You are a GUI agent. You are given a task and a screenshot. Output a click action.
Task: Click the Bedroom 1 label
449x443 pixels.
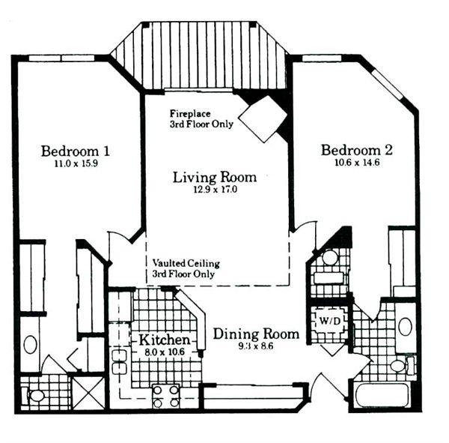coord(76,151)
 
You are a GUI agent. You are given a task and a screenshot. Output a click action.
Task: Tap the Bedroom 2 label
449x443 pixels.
coord(356,150)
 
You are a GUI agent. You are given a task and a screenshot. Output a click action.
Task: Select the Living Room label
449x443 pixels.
coord(215,177)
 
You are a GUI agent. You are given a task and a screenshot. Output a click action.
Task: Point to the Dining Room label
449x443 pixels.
coord(256,334)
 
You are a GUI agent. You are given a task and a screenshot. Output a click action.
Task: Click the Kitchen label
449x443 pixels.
coord(165,340)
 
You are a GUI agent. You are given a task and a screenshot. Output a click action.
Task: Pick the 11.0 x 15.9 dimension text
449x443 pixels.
coord(76,163)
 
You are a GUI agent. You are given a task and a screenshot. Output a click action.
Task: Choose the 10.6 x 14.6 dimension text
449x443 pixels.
coord(357,163)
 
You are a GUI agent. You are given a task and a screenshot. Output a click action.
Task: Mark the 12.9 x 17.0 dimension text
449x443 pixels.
coord(216,190)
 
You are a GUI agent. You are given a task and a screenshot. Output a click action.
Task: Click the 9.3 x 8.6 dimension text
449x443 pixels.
coord(256,346)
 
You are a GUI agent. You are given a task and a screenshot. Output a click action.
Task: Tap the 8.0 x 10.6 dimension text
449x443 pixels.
coord(165,352)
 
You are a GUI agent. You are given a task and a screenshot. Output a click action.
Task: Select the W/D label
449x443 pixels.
coord(330,321)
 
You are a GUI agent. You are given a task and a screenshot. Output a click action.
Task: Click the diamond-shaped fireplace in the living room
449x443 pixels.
coord(263,118)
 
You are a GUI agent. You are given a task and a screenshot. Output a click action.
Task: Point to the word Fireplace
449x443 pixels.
coord(190,114)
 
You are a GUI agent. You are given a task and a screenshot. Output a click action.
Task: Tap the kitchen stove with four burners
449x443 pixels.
coord(166,397)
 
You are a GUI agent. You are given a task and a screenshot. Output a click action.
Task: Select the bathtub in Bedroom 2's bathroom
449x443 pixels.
coord(382,395)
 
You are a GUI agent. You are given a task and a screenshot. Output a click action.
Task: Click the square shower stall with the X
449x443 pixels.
coord(89,393)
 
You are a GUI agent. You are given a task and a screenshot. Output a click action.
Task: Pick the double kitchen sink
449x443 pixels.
coord(120,362)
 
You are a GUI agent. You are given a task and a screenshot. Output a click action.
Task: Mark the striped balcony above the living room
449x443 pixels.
coord(201,55)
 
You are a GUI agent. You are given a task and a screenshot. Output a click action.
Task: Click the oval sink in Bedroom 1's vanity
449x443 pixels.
coord(31,344)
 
